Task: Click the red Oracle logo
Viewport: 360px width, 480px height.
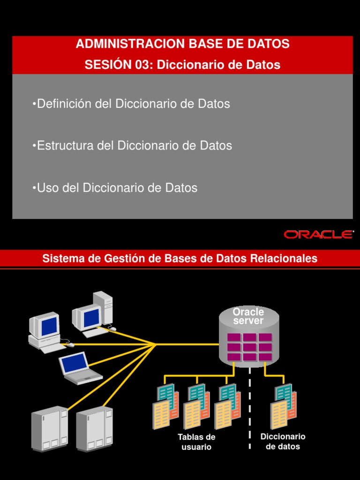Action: coord(319,234)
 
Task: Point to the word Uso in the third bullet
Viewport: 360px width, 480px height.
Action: coord(46,188)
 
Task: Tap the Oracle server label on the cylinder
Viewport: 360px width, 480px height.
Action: coord(248,316)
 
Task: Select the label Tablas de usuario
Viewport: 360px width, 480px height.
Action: coord(196,442)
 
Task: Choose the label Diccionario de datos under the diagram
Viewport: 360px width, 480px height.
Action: coord(283,442)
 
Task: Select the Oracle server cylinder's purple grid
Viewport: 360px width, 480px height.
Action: coord(249,346)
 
